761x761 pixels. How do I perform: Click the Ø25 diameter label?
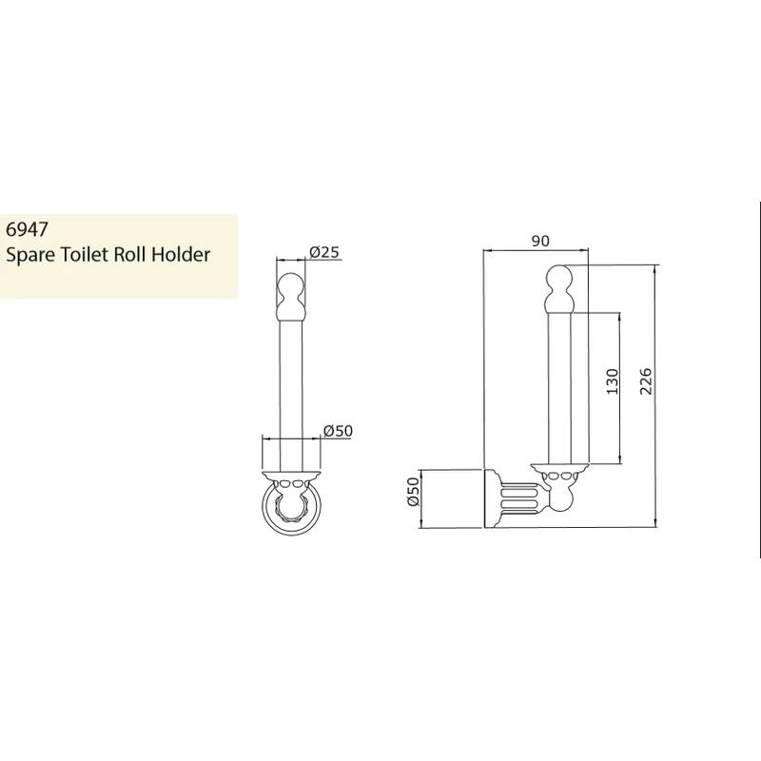(x=326, y=252)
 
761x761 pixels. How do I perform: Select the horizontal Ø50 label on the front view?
(x=338, y=430)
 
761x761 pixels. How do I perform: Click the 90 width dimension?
(x=539, y=242)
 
